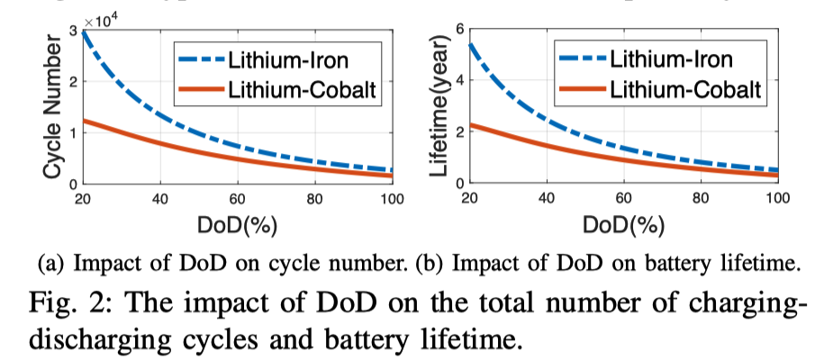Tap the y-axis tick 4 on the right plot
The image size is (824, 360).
458,80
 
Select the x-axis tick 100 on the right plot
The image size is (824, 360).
775,197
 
